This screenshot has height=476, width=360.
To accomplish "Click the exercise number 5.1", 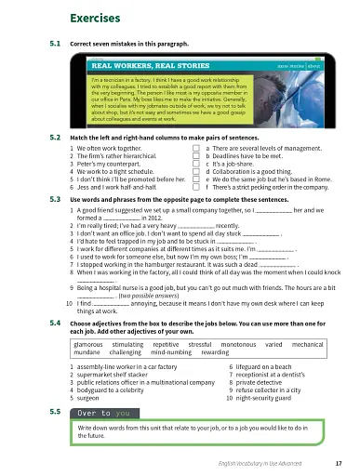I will (54, 44).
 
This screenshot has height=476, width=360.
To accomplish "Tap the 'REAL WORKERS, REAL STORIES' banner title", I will (142, 67).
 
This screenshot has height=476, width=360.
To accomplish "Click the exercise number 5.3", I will (54, 199).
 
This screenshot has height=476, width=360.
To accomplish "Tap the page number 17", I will (337, 462).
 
